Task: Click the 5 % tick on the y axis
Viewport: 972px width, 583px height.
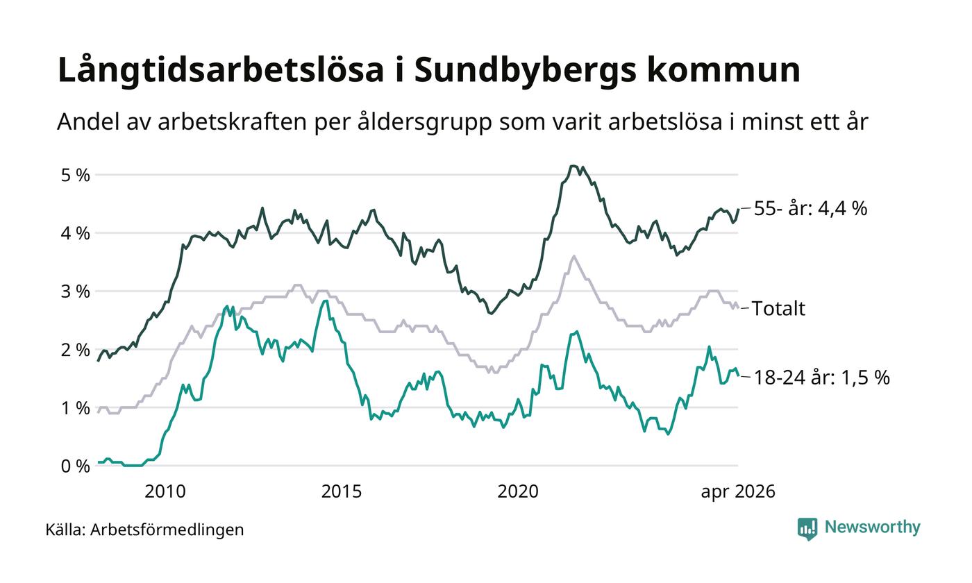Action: (x=76, y=175)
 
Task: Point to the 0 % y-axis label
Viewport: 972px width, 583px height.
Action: (x=76, y=466)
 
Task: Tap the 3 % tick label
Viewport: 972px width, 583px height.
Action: (x=76, y=291)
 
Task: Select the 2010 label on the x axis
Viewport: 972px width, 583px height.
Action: (x=165, y=492)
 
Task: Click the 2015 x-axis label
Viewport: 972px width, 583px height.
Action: (x=342, y=492)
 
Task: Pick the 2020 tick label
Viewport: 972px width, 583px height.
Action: (x=518, y=492)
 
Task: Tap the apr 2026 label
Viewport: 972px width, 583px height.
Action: (x=737, y=492)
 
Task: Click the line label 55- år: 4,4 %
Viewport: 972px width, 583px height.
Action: (x=811, y=209)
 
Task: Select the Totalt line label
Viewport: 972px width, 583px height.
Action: (x=778, y=308)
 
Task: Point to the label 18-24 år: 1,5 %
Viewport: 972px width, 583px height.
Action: (x=822, y=378)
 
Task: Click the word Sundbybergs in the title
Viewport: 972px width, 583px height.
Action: (x=525, y=70)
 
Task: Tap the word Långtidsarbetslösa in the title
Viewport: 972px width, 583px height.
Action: (x=221, y=69)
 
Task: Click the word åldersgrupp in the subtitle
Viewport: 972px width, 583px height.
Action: (x=424, y=122)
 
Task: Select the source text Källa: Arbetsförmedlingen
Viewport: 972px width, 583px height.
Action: (x=144, y=530)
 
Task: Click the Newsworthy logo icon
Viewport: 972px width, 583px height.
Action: (x=807, y=529)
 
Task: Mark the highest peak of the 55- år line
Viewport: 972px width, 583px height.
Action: (x=573, y=166)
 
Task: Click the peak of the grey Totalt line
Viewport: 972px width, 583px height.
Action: (x=574, y=256)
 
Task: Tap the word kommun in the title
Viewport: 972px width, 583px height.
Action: (x=723, y=70)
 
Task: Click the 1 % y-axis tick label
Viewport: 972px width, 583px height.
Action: (x=76, y=408)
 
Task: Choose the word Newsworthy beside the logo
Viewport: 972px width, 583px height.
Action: (x=872, y=527)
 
